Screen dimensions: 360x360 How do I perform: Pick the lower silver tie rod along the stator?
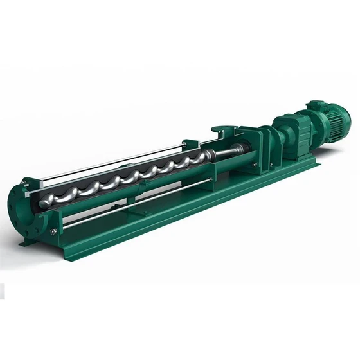(x=129, y=206)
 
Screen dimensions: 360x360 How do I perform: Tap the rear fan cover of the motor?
(x=344, y=116)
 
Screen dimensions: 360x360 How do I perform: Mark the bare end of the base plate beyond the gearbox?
(x=309, y=164)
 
